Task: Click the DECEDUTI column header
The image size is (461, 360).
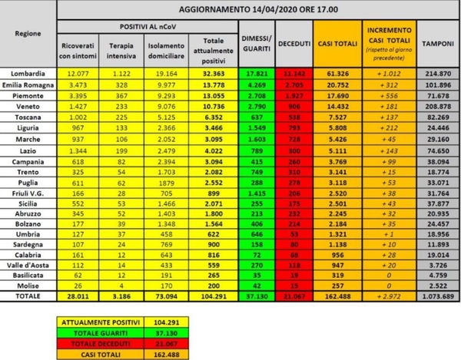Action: pyautogui.click(x=294, y=45)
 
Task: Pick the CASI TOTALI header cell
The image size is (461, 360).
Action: pyautogui.click(x=338, y=45)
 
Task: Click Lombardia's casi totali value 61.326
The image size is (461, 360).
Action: pyautogui.click(x=338, y=71)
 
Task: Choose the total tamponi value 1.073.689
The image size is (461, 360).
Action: pyautogui.click(x=435, y=296)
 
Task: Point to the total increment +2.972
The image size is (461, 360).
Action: pyautogui.click(x=386, y=296)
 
